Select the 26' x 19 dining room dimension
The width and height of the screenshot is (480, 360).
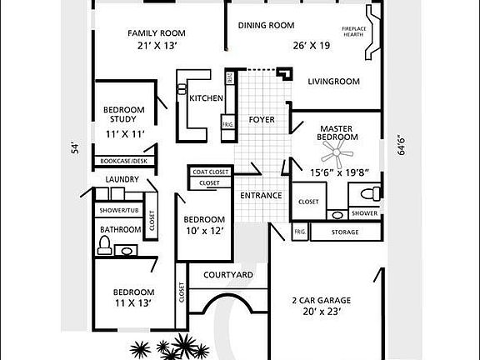[310, 46]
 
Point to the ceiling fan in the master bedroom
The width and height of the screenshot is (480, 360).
[337, 151]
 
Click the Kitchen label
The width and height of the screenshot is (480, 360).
[206, 98]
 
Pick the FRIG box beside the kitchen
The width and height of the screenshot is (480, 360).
[227, 125]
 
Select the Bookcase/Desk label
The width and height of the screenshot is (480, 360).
[123, 161]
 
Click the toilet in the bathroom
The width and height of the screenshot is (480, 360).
[104, 245]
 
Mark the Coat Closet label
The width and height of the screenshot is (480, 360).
[210, 172]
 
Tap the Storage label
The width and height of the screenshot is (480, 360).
[344, 232]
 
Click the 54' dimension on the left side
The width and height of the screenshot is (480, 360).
[74, 148]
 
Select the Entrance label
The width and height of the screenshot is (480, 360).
[261, 196]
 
